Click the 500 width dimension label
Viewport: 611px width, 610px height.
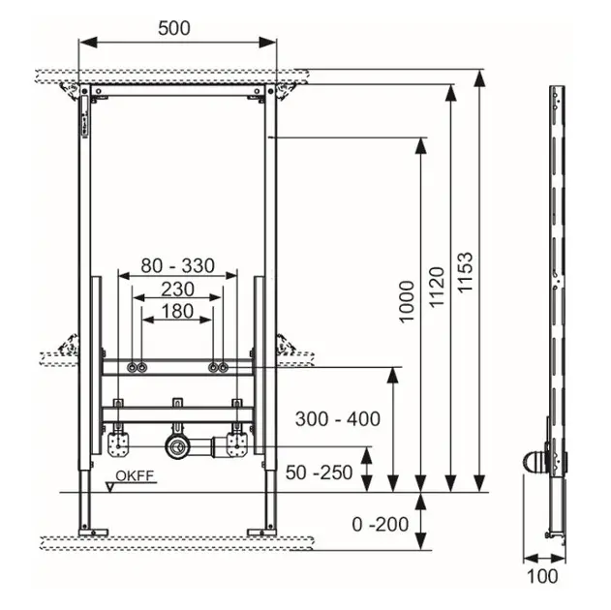(x=174, y=28)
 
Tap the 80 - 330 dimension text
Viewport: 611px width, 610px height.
(x=178, y=265)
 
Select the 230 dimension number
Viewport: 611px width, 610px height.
(x=178, y=290)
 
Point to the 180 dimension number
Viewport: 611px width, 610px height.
(x=177, y=311)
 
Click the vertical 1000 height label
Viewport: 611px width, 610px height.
(x=407, y=302)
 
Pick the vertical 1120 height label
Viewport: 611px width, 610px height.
(x=437, y=287)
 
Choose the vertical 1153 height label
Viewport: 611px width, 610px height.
(x=465, y=272)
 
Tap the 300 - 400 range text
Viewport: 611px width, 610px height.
(x=337, y=419)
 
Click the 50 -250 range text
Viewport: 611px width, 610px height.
(x=320, y=473)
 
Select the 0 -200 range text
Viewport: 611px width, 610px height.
(x=381, y=524)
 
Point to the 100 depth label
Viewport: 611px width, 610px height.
(x=542, y=576)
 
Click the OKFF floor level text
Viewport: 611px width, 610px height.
(x=135, y=476)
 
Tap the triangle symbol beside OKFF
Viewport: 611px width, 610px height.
(x=110, y=487)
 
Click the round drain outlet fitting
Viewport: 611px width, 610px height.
(x=177, y=446)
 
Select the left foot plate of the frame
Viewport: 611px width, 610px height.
(x=93, y=533)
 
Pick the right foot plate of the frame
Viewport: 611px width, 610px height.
(x=262, y=533)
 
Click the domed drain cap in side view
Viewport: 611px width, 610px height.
(x=535, y=463)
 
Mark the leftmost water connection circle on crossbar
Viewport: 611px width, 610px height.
(x=132, y=367)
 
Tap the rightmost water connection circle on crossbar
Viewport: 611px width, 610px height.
(x=224, y=367)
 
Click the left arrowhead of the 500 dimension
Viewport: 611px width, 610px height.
(x=88, y=43)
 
